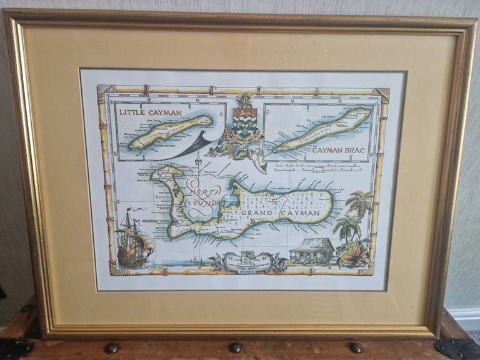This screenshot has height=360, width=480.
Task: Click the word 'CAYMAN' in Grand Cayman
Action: (306, 213)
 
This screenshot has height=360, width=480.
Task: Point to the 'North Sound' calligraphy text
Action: (201, 195)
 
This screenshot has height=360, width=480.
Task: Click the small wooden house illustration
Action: (312, 251)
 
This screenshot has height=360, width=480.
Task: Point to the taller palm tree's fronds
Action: (360, 204)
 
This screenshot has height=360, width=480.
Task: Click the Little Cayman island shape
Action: (170, 131)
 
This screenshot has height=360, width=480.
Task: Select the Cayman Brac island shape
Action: (323, 130)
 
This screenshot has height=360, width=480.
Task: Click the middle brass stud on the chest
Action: (235, 347)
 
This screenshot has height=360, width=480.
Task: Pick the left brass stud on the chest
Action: (112, 348)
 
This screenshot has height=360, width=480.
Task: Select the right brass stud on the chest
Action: (356, 347)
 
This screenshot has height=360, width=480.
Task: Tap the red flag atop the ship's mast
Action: (131, 211)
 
